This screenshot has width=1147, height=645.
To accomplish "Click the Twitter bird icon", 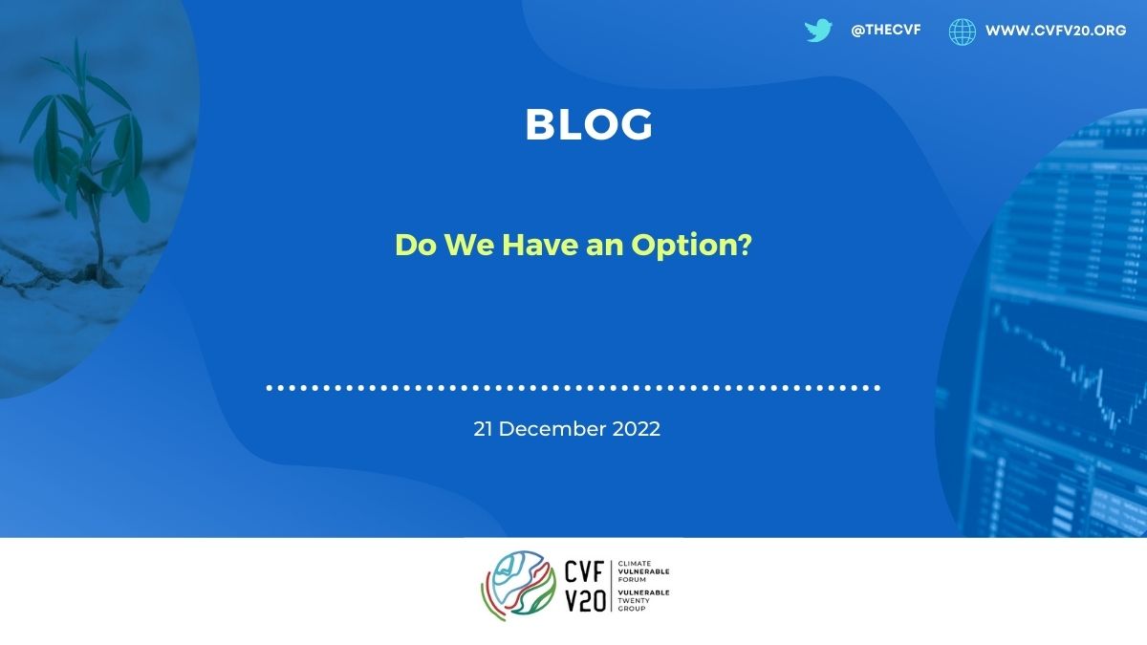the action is pyautogui.click(x=818, y=31).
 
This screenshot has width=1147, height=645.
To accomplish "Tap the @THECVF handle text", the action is pyautogui.click(x=886, y=31).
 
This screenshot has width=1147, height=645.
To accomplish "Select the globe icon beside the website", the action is pyautogui.click(x=963, y=32).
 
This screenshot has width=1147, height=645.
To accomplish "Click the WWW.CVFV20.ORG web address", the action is pyautogui.click(x=1055, y=31).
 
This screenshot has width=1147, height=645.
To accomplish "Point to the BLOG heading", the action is pyautogui.click(x=589, y=124).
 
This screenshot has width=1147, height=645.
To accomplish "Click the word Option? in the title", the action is pyautogui.click(x=691, y=246).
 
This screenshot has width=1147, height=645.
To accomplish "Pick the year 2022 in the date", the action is pyautogui.click(x=636, y=429).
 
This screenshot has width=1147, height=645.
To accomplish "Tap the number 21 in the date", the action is pyautogui.click(x=483, y=429).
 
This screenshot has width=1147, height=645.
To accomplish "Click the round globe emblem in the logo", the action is pyautogui.click(x=518, y=586).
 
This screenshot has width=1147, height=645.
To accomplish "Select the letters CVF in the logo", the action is pyautogui.click(x=584, y=571).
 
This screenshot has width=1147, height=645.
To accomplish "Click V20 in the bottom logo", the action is pyautogui.click(x=585, y=600).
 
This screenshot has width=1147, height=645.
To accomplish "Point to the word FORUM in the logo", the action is pyautogui.click(x=632, y=579).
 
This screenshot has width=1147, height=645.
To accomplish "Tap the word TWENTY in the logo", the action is pyautogui.click(x=634, y=600).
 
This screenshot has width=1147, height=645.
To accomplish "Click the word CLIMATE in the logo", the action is pyautogui.click(x=635, y=564).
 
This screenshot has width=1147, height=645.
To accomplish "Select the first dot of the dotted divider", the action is pyautogui.click(x=270, y=388).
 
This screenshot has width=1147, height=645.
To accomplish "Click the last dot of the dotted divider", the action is pyautogui.click(x=877, y=388).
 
